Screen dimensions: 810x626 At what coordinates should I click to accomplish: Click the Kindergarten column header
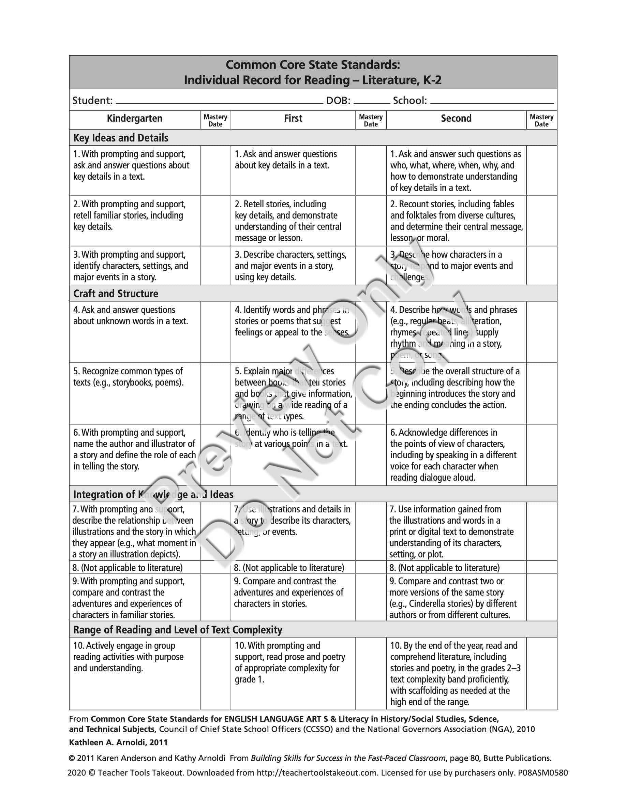coord(134,119)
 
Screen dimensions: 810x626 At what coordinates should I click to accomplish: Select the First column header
coord(293,119)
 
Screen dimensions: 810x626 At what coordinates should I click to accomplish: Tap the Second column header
coord(456,119)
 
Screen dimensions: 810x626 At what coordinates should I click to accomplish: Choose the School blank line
coord(492,102)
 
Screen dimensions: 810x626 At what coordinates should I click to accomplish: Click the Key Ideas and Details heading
coord(121,138)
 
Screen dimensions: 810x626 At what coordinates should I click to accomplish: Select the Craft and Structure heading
coord(116,294)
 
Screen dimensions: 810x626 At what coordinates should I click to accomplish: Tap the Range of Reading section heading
coord(178,630)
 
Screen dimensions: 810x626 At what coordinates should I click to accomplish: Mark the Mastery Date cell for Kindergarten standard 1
coord(215,170)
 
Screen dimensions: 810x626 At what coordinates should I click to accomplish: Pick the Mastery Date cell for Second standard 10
coord(541,673)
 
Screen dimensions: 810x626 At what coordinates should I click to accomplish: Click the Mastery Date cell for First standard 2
coord(371,221)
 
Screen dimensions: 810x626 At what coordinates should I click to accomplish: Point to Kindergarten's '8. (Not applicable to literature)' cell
coord(128,568)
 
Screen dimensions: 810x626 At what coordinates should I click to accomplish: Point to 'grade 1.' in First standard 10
coord(249,679)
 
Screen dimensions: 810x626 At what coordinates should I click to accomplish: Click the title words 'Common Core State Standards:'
coord(313,65)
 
